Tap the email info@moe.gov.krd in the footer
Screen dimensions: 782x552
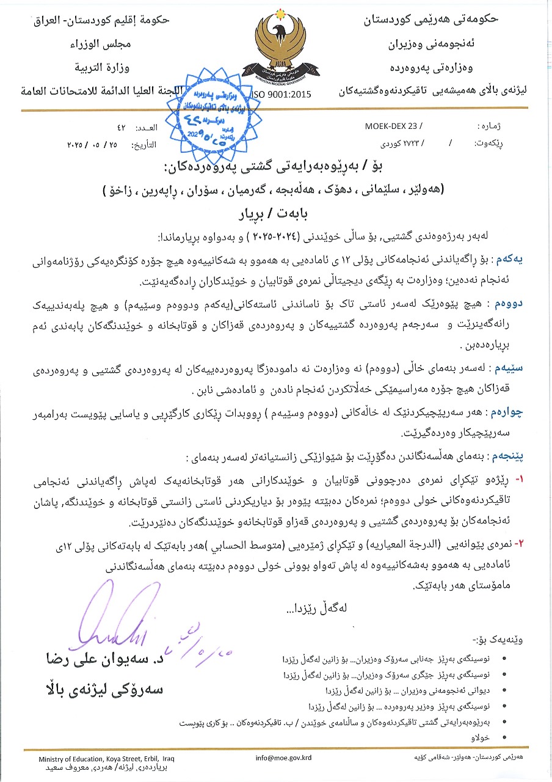click(x=284, y=758)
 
